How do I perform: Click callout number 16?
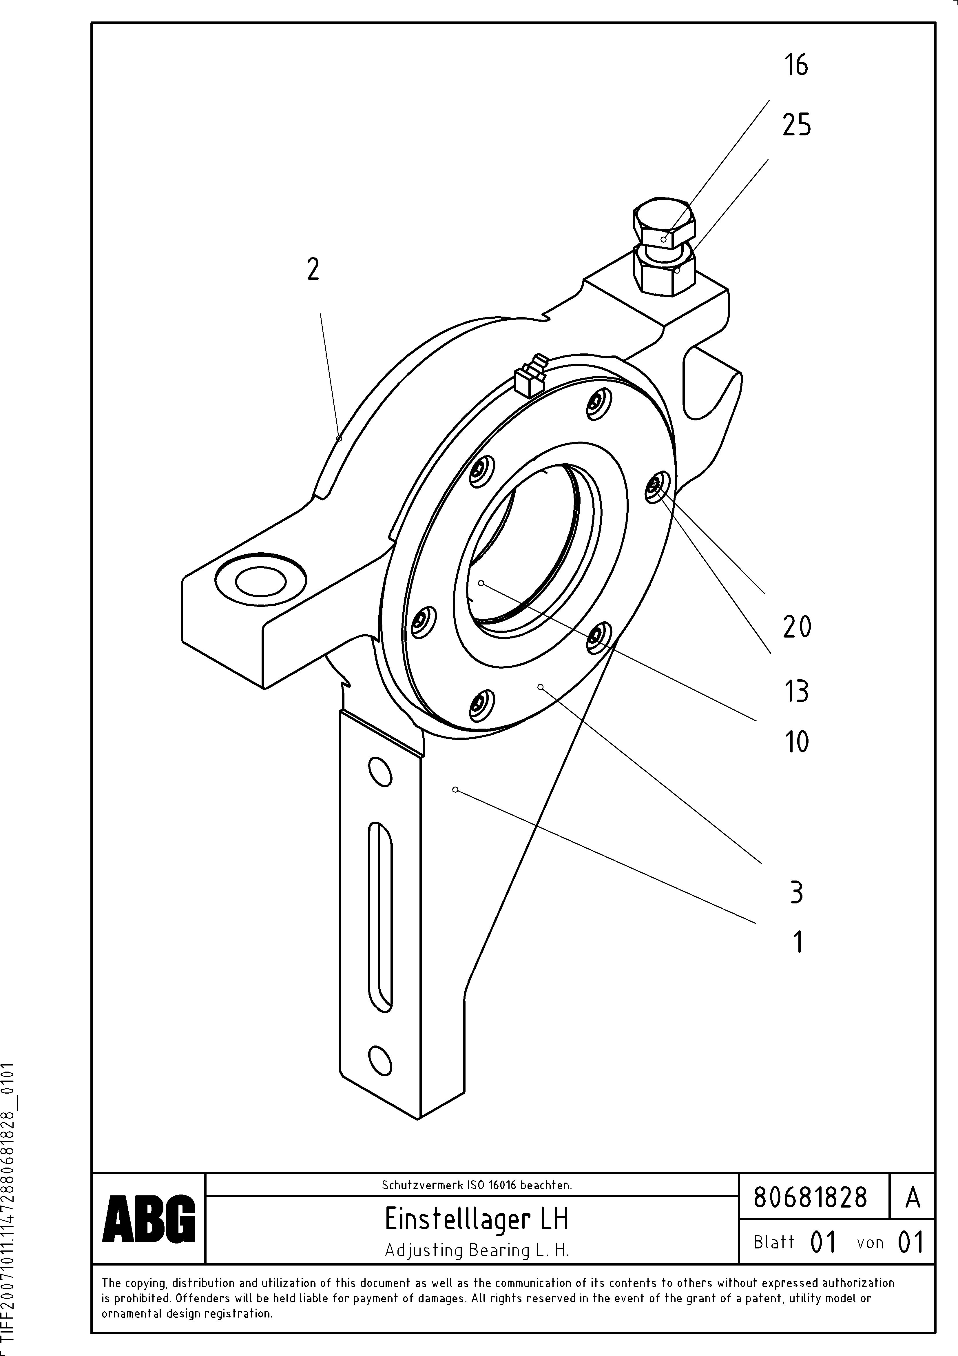(x=796, y=65)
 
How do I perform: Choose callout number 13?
(x=796, y=691)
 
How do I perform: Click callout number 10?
(x=796, y=741)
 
